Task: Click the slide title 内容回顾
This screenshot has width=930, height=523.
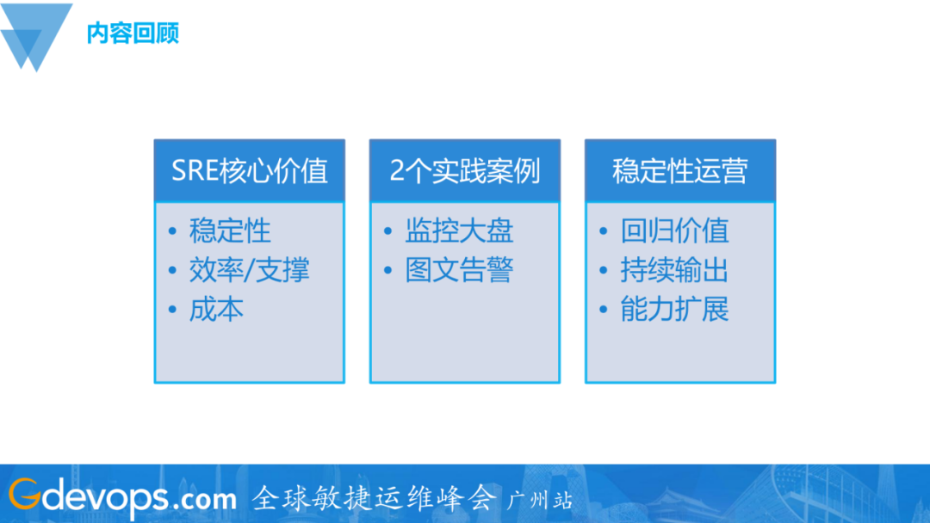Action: click(x=133, y=34)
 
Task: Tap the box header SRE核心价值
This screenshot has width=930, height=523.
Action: click(x=250, y=170)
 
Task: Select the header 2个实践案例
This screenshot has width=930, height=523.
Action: click(x=465, y=170)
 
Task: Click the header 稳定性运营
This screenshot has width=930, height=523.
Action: click(x=680, y=170)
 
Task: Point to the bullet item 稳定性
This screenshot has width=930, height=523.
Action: click(x=230, y=231)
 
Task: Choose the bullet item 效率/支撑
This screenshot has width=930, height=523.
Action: click(x=249, y=270)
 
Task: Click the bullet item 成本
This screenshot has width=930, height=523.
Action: click(x=216, y=309)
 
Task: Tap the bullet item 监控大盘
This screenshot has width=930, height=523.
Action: click(x=459, y=231)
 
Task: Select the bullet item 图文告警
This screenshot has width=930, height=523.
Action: click(x=459, y=270)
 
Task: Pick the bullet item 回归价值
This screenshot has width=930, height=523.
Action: click(x=674, y=231)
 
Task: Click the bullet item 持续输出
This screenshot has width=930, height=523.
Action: click(x=674, y=270)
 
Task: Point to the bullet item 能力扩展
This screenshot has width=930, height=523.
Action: click(x=674, y=309)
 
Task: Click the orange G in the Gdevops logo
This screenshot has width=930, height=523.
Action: click(x=23, y=495)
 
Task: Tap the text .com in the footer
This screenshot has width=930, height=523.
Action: click(x=203, y=499)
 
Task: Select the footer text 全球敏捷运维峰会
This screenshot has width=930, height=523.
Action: click(x=375, y=497)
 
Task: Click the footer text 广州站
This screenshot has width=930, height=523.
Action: click(x=541, y=500)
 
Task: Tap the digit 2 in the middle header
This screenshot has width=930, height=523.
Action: click(x=397, y=170)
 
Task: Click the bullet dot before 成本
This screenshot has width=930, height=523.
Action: click(x=172, y=310)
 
